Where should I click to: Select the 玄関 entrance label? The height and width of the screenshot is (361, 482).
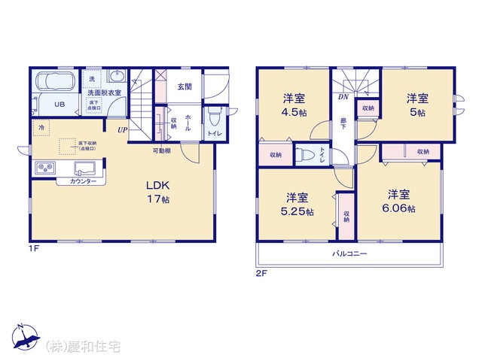(x=185, y=86)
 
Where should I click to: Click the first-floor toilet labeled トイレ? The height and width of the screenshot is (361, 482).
(x=214, y=119)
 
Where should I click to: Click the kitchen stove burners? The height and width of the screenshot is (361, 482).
(x=43, y=167)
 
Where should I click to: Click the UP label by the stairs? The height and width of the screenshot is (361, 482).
(x=121, y=129)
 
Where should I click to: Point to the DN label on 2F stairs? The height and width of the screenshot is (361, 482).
(x=343, y=97)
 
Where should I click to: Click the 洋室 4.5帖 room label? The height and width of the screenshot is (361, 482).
(x=294, y=105)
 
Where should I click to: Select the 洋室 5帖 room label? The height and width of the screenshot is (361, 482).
(x=417, y=105)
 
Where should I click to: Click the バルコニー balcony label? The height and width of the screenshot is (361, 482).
(x=349, y=254)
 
